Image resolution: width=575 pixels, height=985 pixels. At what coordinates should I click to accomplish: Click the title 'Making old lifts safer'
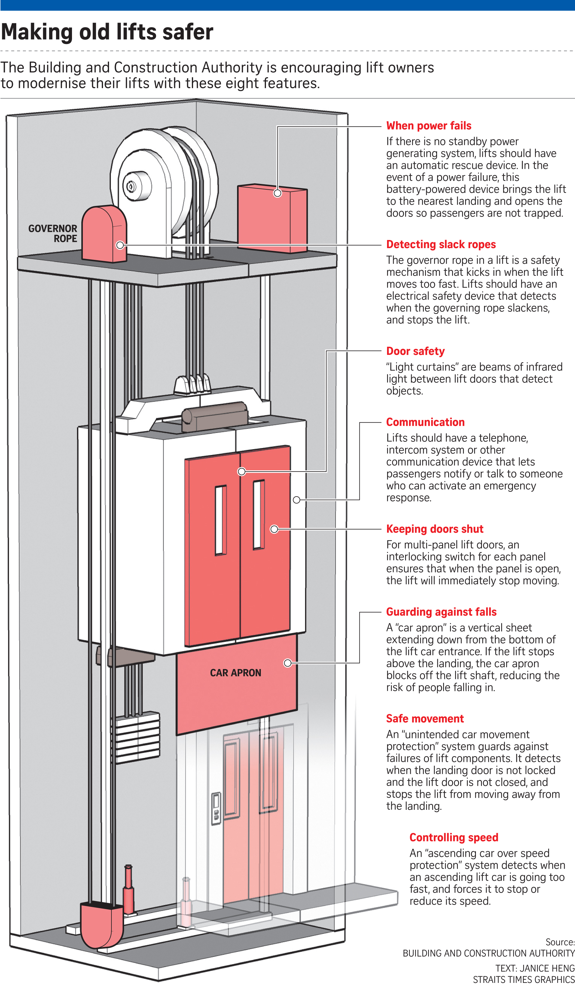[x=107, y=32]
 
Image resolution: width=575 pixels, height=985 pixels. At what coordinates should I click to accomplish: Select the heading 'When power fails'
[x=429, y=126]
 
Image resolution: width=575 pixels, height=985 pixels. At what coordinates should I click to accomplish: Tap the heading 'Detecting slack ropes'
[x=441, y=245]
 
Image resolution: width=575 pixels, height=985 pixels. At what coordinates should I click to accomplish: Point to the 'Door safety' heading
[x=415, y=351]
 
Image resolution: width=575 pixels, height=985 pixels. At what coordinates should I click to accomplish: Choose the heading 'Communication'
[x=425, y=422]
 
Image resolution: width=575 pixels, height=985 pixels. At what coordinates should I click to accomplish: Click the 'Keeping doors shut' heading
[x=434, y=529]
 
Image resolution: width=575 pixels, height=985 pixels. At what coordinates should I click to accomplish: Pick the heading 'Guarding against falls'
[x=441, y=612]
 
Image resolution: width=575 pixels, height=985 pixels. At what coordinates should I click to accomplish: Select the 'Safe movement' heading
[x=425, y=719]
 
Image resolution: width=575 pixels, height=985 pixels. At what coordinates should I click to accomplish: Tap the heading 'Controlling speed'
[x=454, y=837]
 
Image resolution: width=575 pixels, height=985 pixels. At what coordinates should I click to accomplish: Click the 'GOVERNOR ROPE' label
[x=53, y=233]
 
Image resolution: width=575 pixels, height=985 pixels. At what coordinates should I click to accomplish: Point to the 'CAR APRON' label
[x=235, y=673]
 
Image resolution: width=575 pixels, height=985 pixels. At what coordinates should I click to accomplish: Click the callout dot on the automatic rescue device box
[x=277, y=193]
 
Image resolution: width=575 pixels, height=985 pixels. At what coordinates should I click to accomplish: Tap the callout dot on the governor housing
[x=120, y=245]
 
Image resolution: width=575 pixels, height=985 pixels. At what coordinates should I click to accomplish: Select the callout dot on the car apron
[x=288, y=663]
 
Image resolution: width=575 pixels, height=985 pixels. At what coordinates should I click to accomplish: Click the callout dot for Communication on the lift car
[x=297, y=500]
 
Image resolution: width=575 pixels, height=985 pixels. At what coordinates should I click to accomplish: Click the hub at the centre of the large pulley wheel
[x=131, y=186]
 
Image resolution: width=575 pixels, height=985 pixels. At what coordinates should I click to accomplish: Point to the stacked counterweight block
[x=137, y=737]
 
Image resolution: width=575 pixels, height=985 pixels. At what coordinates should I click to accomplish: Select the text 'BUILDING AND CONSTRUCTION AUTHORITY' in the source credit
[x=488, y=953]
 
